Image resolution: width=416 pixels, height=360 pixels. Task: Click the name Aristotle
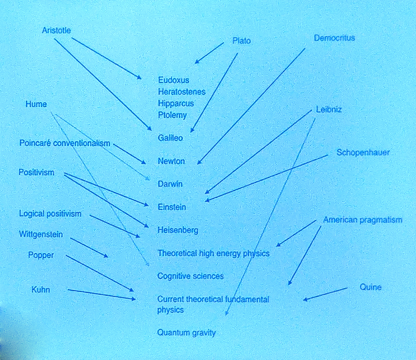pos(57,30)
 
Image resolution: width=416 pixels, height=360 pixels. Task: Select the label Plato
pos(242,41)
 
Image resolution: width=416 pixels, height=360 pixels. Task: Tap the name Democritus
pos(334,38)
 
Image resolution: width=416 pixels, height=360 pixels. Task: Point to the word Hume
pos(36,104)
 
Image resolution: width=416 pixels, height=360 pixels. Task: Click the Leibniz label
pos(329,110)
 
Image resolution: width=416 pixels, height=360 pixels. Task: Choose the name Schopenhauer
pos(363,153)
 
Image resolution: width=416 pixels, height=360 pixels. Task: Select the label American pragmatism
pos(363,220)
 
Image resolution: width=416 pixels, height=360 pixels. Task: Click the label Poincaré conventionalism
pos(65,143)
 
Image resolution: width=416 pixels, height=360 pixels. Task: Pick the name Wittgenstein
pos(41,234)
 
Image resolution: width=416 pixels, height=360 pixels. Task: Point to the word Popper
pos(41,255)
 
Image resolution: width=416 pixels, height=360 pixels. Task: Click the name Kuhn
pos(40,289)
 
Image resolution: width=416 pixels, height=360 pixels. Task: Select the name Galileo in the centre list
pos(170,138)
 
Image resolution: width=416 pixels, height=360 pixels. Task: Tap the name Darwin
pos(170,184)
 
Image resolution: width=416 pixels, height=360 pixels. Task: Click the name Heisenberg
pos(178,230)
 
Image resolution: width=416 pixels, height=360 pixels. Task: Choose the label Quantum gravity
pos(186,333)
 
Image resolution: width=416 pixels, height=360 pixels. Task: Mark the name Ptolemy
pos(172,115)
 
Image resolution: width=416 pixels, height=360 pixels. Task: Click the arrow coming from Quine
pos(325,293)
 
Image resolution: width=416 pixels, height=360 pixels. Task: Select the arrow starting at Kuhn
pos(102,294)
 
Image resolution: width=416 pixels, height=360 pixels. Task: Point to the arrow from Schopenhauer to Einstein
pos(266,178)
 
